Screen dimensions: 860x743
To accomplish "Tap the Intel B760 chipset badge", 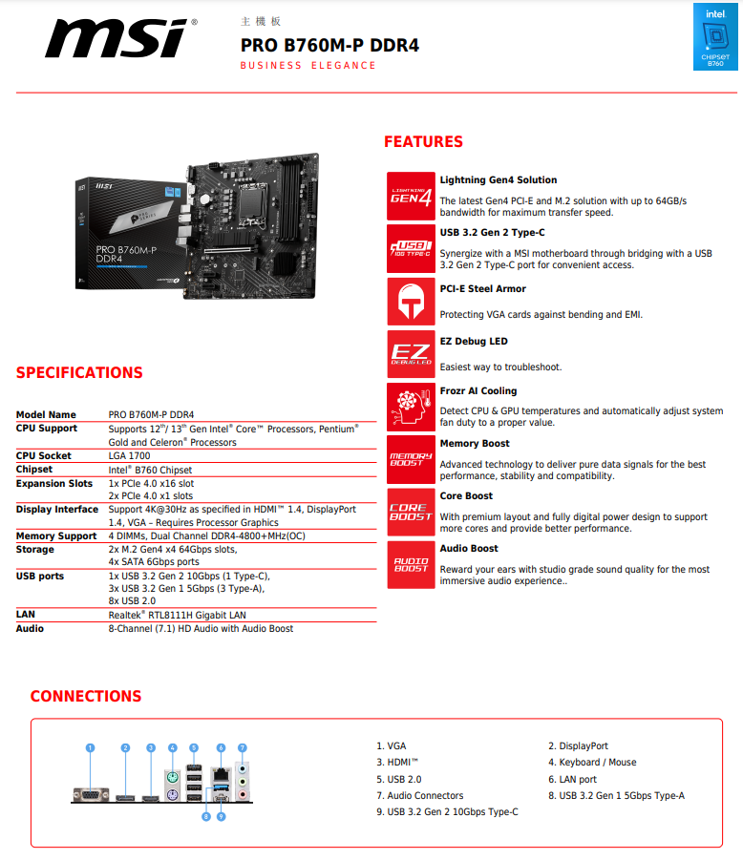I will tap(715, 36).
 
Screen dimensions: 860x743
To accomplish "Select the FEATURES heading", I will tap(423, 142).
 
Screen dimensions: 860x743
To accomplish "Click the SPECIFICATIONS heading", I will tap(79, 373).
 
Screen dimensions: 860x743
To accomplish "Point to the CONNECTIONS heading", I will tap(86, 697).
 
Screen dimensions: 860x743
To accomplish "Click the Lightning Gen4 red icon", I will tap(411, 196).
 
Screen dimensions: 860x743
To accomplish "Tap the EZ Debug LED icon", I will tap(411, 354).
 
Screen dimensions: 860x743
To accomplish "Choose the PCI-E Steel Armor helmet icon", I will tap(411, 302).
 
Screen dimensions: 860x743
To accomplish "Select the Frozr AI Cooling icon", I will tap(411, 407).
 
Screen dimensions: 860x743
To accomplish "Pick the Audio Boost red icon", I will tap(411, 564).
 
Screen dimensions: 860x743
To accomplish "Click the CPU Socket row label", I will tap(44, 456).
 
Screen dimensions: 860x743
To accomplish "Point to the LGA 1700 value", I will tap(129, 456).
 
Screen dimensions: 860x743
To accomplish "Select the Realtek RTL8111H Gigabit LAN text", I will tap(177, 616).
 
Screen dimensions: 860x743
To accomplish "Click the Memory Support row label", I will tap(56, 536).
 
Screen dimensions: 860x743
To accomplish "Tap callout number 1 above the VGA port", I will tap(90, 748).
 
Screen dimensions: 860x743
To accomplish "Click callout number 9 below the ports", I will tap(221, 816).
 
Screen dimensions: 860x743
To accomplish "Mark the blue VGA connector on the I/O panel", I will tap(91, 793).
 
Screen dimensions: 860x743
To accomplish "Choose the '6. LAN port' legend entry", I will tap(572, 780).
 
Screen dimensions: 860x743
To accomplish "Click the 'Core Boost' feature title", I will tap(466, 496).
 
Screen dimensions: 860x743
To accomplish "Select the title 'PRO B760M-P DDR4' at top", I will tap(329, 45).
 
